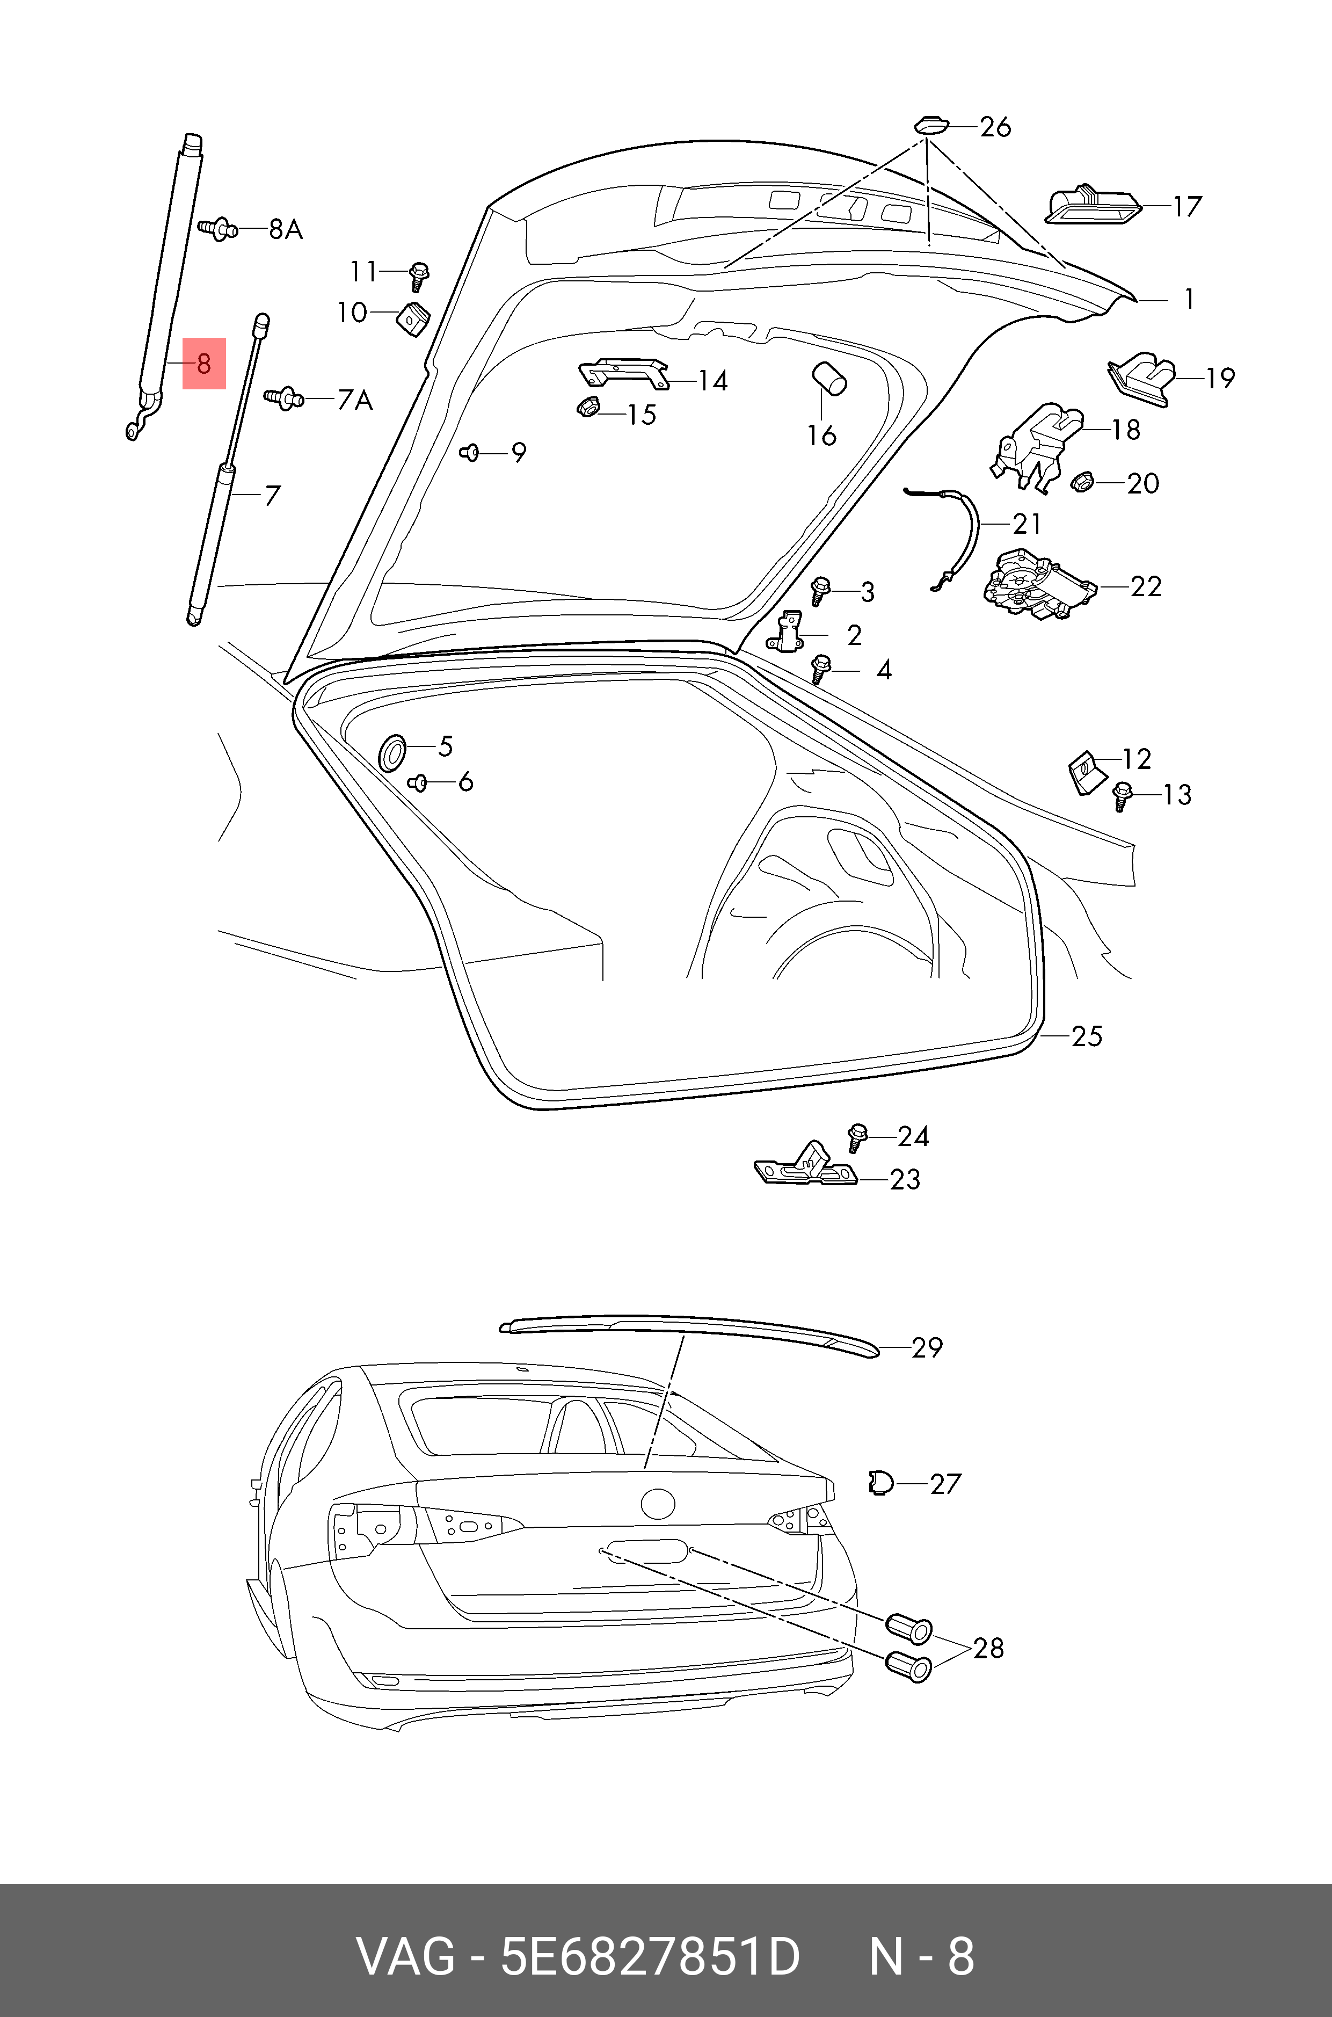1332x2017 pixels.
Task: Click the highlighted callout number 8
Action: [x=204, y=364]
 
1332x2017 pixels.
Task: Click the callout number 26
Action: [x=995, y=127]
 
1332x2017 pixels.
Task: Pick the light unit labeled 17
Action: [x=1091, y=206]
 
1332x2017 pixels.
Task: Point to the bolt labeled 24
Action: [x=858, y=1135]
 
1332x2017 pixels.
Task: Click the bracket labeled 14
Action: [x=623, y=371]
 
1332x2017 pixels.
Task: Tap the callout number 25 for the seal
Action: [x=1087, y=1036]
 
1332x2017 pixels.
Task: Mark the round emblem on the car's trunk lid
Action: [x=658, y=1504]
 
